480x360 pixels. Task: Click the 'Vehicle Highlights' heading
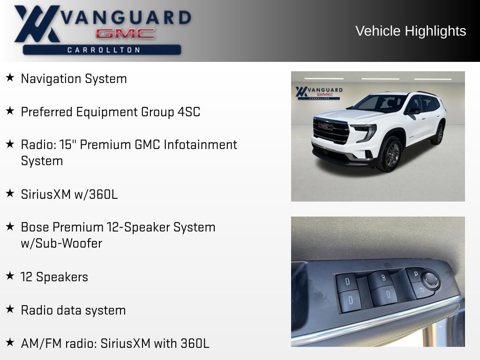point(411,31)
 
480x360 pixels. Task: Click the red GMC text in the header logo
point(125,34)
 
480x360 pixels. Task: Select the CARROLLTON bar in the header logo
point(102,50)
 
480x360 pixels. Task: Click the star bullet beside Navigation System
point(10,77)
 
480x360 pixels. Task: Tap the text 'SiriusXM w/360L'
point(69,195)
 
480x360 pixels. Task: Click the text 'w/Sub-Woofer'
point(61,244)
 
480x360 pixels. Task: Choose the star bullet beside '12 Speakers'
point(10,276)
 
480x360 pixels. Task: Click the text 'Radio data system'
point(73,310)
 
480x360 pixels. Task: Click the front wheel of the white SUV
point(390,154)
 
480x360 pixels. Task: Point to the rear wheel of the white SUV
point(439,134)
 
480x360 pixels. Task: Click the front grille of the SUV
point(330,131)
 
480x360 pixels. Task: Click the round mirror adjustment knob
point(430,280)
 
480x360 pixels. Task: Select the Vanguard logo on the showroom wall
point(319,92)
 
